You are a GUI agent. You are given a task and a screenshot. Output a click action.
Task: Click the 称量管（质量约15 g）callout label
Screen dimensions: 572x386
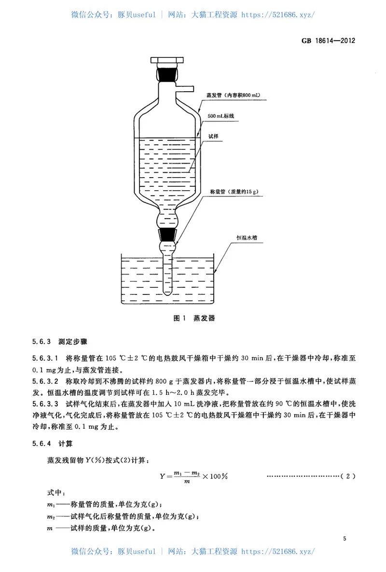click(x=234, y=192)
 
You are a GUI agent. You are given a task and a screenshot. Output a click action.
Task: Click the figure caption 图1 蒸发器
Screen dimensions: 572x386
click(x=193, y=318)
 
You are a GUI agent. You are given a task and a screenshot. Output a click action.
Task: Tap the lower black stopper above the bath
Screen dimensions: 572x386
click(x=167, y=235)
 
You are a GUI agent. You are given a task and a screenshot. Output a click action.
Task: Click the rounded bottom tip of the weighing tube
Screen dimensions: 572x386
click(x=167, y=292)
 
